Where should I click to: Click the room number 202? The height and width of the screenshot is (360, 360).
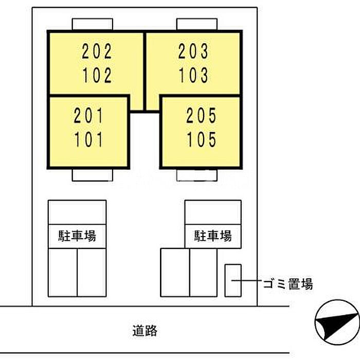pos(97,51)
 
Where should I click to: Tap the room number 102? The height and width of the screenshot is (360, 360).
pos(97,75)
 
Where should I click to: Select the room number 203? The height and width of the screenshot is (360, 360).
pos(193,51)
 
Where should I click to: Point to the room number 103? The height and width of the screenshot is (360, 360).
pos(193,75)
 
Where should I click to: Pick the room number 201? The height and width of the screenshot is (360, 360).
pos(88,116)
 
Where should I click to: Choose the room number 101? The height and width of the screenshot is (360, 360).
pos(88,139)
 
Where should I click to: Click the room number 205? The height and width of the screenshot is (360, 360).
pos(201,116)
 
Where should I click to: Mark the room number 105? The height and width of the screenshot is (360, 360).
pos(201,139)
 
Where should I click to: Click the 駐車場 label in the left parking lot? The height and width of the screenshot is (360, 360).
pos(77,236)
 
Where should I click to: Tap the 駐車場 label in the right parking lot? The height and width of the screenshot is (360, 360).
pos(213,236)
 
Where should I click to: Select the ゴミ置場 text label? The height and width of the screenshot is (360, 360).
pos(288,284)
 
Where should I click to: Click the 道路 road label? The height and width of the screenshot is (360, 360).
pos(145,331)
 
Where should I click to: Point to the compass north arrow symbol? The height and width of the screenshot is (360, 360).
pos(337,322)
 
